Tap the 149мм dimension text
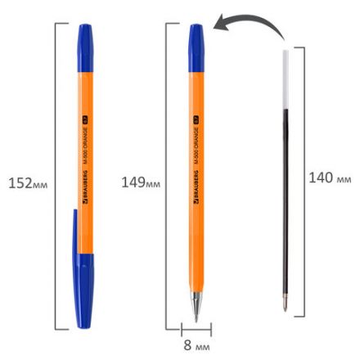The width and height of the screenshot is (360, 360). (140, 181)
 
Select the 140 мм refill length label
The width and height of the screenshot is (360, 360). (330, 178)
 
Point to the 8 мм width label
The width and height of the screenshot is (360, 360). (196, 346)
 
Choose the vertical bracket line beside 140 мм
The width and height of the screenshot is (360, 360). (305, 180)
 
